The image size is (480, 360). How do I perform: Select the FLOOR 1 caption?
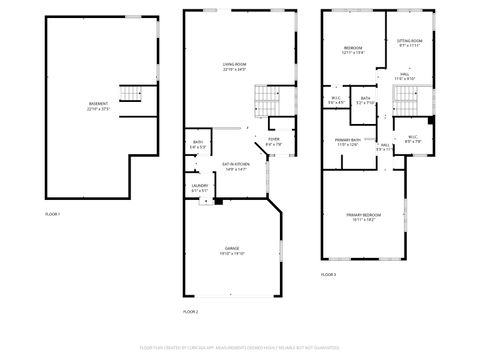(52, 215)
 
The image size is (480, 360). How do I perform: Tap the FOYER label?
(273, 143)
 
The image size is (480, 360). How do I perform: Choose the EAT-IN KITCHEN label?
(234, 167)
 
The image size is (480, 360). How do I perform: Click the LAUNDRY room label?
(199, 187)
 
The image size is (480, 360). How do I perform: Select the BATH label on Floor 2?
(198, 145)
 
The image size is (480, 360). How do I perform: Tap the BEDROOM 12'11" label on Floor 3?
(352, 51)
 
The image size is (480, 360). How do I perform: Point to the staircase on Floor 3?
(404, 99)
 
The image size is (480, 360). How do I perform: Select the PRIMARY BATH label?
(347, 143)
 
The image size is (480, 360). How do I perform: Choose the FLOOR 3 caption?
(328, 274)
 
